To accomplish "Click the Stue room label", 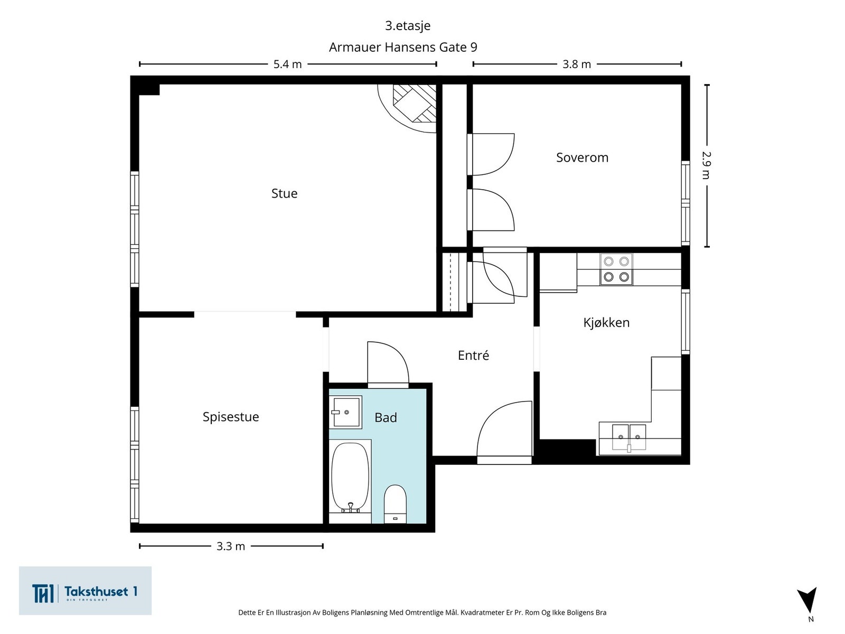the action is (284, 193).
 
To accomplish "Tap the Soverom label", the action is (582, 157).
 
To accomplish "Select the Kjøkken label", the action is (606, 323).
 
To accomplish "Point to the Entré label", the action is (473, 355).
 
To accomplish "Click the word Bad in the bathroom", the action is (386, 418).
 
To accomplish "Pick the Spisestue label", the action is (231, 417).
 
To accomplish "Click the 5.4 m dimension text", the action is (287, 64).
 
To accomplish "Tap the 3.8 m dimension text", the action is (576, 64).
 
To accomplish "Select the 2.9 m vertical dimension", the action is (707, 165).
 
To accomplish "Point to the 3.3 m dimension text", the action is (231, 546).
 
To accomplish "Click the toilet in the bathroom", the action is (395, 504).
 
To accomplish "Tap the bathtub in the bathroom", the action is (350, 478).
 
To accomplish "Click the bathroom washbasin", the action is (345, 412).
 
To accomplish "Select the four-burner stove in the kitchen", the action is (616, 269).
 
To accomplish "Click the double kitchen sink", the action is (628, 437).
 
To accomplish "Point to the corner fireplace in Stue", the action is (410, 106).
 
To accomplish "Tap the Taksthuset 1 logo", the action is (85, 591).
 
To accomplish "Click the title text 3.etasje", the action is (408, 26).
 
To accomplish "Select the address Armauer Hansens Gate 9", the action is (402, 48).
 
